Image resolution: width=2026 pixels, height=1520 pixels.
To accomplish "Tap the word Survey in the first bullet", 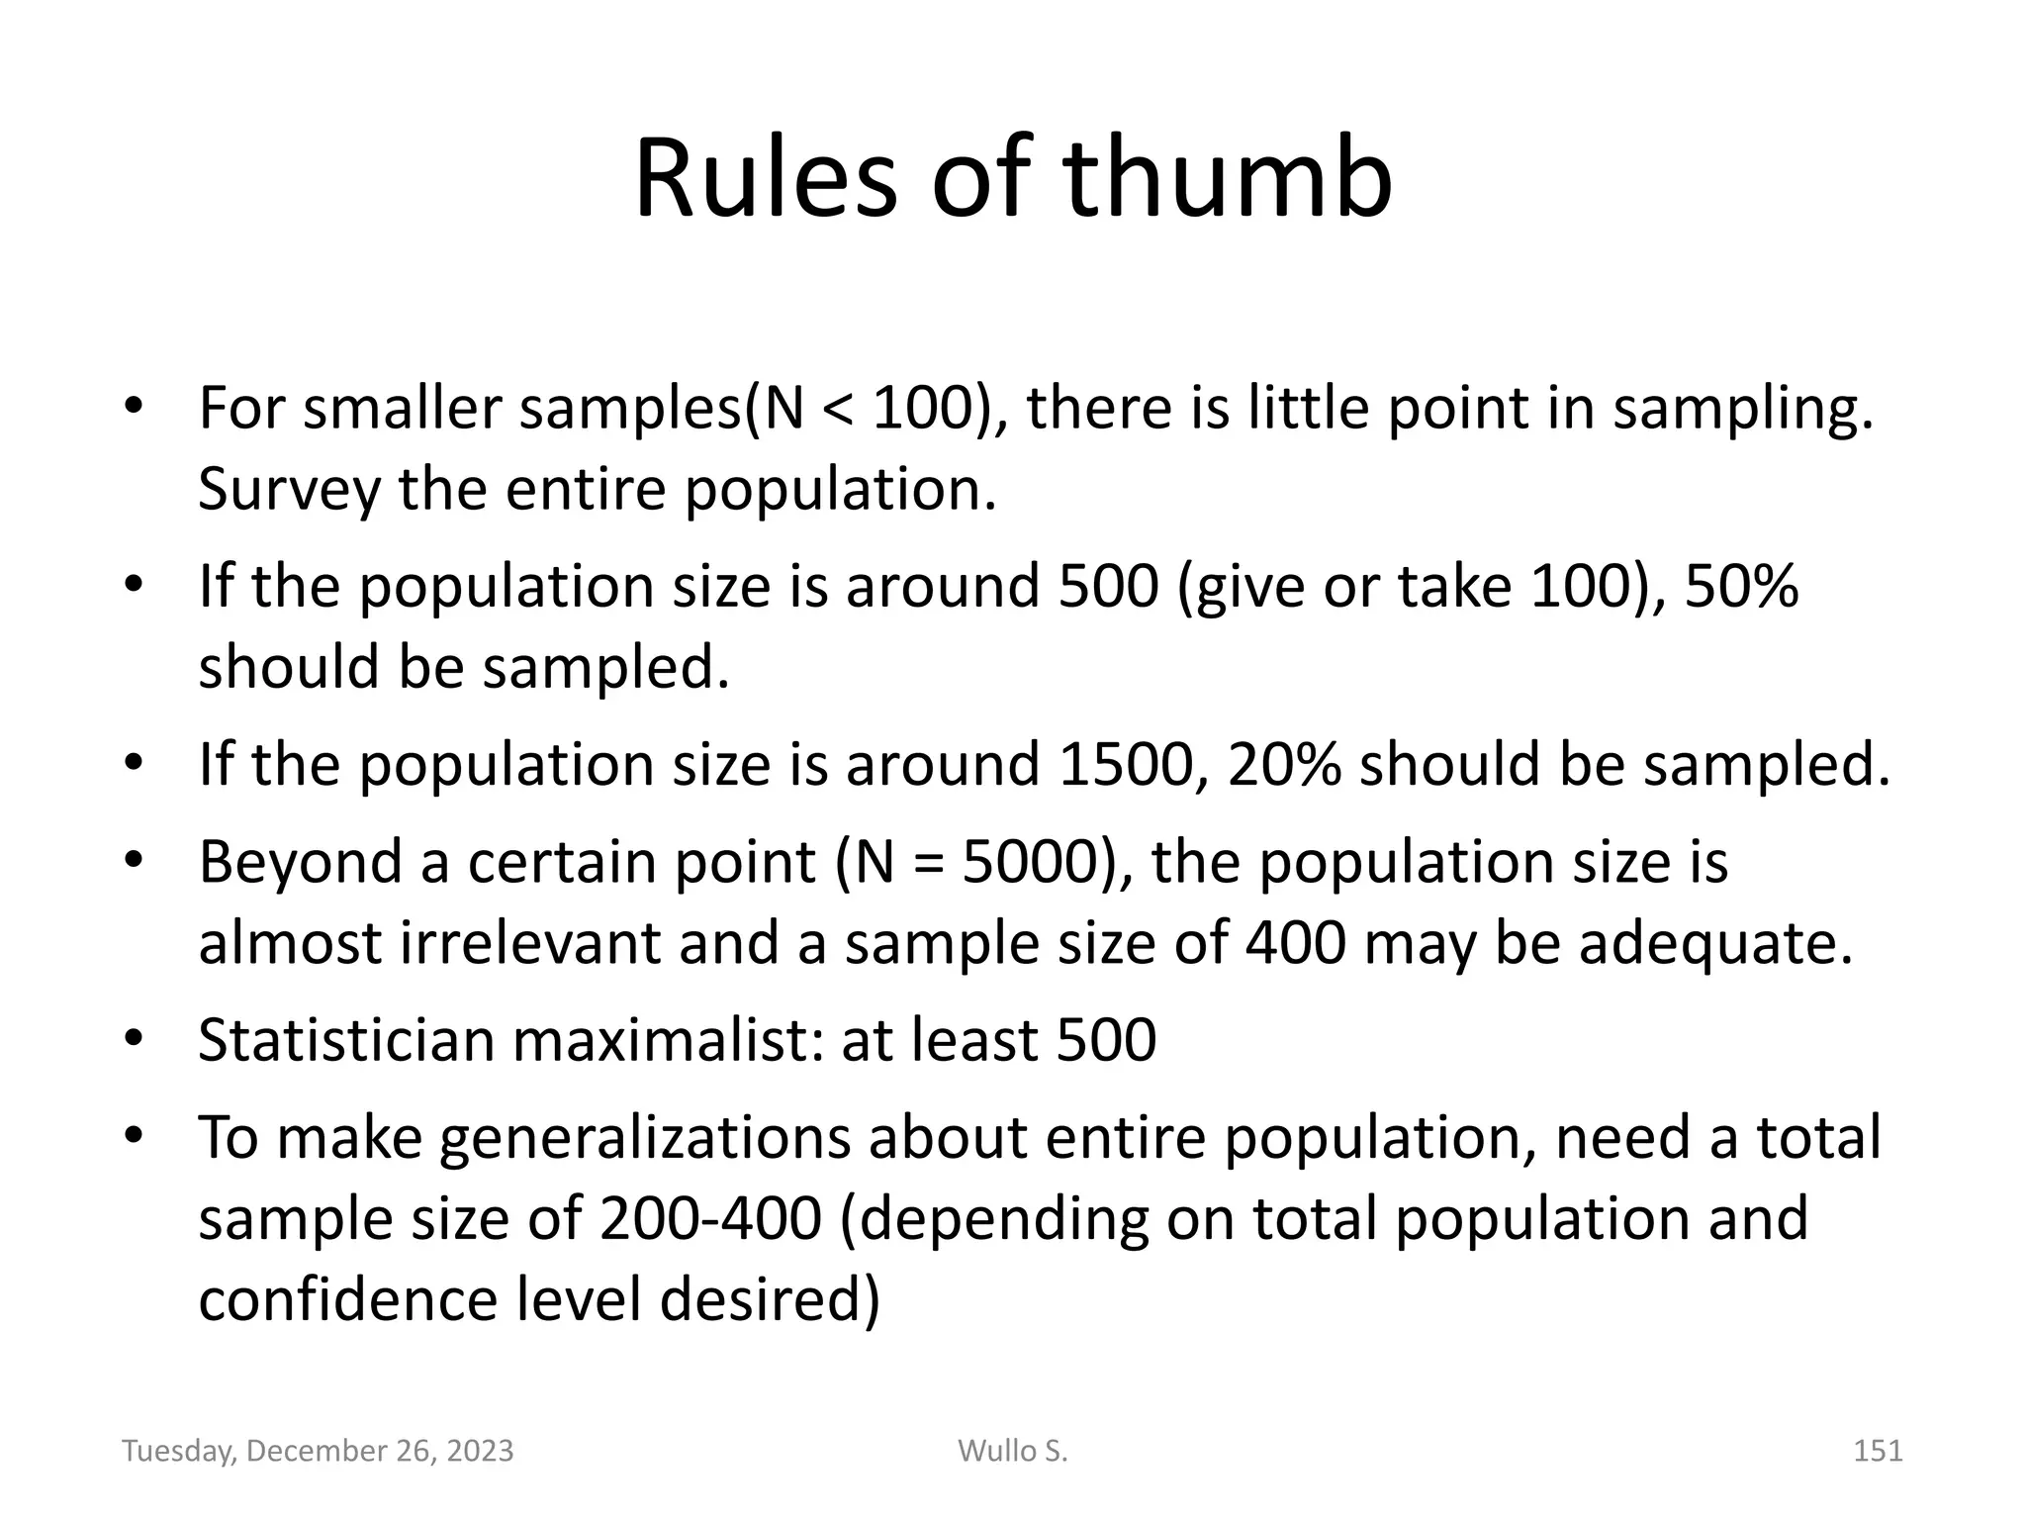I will [x=288, y=489].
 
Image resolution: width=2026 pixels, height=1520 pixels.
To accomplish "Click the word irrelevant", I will [x=530, y=943].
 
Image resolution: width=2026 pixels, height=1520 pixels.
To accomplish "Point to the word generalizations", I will [x=644, y=1138].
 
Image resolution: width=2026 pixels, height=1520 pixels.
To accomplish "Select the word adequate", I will [x=1713, y=943].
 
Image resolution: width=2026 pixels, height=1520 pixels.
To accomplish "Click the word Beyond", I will [x=300, y=862].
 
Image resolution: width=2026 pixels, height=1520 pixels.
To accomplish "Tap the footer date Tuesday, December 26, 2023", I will [x=318, y=1451].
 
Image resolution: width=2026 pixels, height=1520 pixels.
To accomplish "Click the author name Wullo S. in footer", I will [x=1012, y=1451].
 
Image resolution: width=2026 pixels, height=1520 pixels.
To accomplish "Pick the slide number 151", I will [x=1877, y=1451].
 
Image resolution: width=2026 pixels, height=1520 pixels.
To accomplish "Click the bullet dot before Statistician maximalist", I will [x=135, y=1040].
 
